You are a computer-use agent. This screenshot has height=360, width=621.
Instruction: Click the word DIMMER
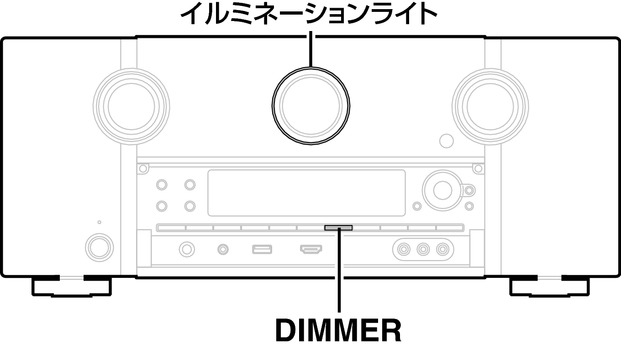coord(338,330)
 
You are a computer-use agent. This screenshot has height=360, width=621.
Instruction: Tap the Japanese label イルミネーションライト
coord(309,15)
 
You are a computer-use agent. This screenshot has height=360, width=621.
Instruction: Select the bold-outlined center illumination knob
coord(311,106)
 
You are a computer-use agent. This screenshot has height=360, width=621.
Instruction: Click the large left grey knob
coord(132,107)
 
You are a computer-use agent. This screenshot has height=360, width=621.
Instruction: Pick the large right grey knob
coord(490,107)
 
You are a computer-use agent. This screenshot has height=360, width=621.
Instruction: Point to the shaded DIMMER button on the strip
coord(338,228)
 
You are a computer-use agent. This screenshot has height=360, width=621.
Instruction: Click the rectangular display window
coord(307,193)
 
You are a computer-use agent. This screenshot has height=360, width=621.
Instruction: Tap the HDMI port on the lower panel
coord(311,249)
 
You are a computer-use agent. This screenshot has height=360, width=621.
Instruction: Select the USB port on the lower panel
coord(262,249)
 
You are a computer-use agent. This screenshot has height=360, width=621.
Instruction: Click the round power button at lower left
coord(99,248)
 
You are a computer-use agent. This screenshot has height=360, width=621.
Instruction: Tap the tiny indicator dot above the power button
coord(100,222)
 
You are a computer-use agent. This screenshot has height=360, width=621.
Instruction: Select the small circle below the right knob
coord(447,141)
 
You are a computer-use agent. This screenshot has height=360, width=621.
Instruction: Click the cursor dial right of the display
coord(443,191)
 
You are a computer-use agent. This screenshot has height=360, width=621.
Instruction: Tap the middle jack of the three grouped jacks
coord(423,250)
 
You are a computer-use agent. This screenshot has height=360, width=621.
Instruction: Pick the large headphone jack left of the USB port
coord(187,249)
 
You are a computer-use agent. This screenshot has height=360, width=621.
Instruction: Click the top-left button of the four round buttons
coord(162,185)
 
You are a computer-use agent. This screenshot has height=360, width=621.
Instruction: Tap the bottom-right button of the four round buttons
coord(190,206)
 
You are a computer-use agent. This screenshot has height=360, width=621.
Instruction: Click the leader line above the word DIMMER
coord(339,270)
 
